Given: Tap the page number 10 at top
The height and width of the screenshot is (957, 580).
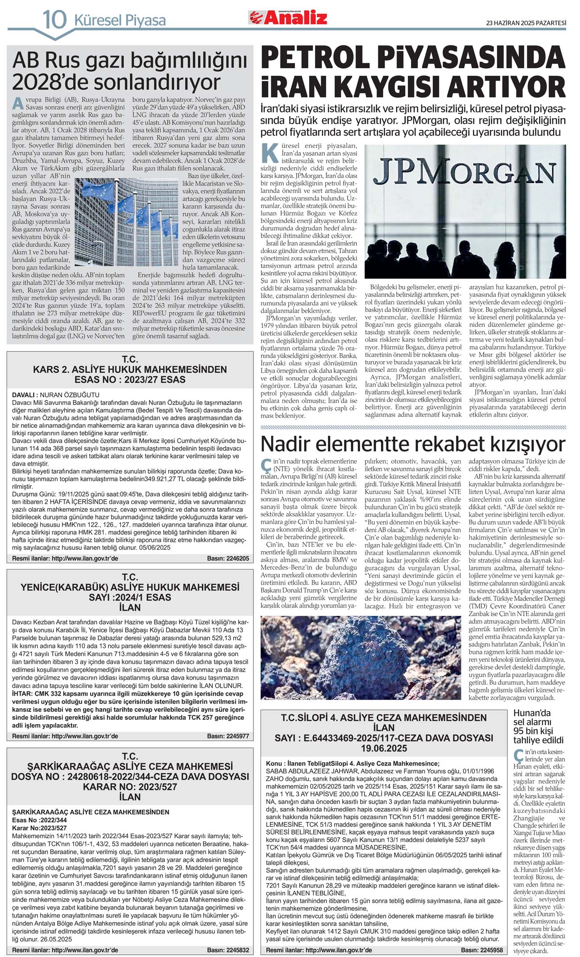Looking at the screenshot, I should point(54,20).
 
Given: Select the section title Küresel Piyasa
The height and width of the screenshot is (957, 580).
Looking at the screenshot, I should point(120,21).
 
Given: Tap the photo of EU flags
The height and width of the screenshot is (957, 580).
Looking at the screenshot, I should point(127,207).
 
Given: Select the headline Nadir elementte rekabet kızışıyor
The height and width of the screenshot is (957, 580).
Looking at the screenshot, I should point(413,444).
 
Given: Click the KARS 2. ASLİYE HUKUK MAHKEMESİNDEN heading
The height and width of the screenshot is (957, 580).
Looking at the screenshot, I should point(130,370).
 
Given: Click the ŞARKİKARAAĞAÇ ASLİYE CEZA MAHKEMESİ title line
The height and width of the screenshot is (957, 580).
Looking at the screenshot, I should point(130,766).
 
